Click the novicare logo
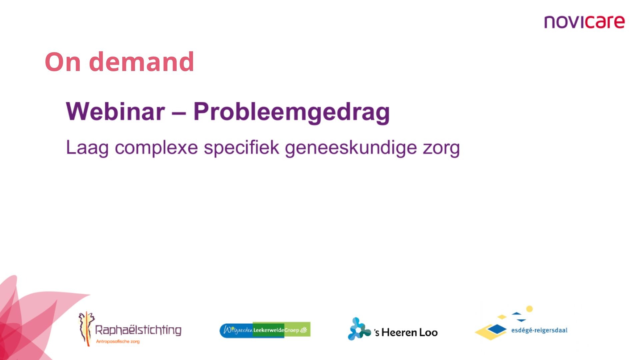[584, 22]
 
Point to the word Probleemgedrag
[292, 113]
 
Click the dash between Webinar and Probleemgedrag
[179, 113]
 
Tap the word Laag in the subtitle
[87, 148]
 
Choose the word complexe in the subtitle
[156, 148]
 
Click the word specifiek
[242, 147]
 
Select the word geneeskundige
[351, 148]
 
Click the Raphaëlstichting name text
[138, 330]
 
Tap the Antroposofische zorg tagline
[118, 341]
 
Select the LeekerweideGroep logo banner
[265, 330]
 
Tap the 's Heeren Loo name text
[406, 332]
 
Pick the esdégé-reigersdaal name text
[539, 330]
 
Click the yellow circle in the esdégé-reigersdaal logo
[529, 309]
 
